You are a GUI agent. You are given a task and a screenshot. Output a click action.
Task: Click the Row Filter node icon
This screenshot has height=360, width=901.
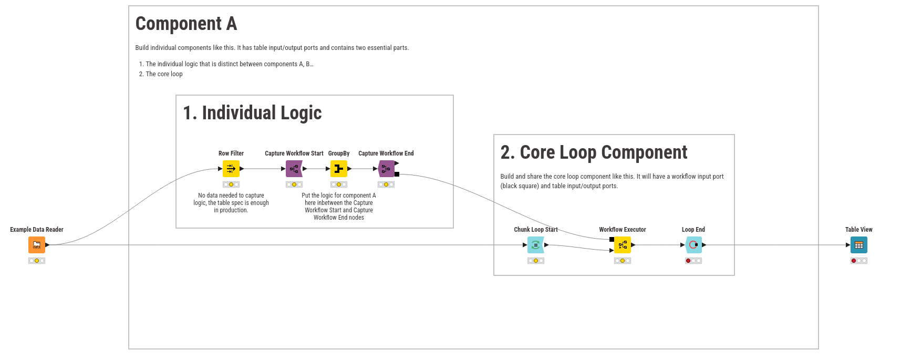pos(231,169)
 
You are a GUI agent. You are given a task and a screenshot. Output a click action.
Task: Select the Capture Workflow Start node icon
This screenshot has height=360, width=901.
pos(294,169)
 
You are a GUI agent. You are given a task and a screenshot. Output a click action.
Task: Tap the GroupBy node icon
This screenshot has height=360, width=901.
pos(339,169)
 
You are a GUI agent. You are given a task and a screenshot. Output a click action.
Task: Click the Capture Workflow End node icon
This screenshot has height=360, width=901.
pos(386,169)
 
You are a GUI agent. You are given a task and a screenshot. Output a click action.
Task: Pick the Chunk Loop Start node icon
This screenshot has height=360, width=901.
pos(536,245)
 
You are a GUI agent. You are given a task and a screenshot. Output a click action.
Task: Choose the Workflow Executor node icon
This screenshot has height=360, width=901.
pos(623,245)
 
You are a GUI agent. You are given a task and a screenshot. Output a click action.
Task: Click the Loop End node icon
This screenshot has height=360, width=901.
pos(693,245)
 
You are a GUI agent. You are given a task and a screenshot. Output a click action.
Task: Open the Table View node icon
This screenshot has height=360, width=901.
pos(859,245)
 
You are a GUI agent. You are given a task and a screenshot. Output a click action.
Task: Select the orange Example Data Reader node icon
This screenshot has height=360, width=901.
pos(37,245)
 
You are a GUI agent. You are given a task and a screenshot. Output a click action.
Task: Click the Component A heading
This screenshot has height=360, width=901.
pos(186,24)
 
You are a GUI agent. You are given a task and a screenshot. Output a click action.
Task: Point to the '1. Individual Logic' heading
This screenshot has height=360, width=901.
pos(252,113)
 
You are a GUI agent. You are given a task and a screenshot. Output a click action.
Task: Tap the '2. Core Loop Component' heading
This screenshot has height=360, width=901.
pos(594,152)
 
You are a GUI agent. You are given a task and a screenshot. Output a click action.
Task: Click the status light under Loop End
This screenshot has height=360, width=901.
pos(693,261)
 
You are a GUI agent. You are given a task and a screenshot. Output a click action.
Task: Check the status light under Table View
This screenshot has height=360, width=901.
pos(859,261)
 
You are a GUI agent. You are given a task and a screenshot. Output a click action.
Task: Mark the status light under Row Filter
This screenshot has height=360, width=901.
pos(231,184)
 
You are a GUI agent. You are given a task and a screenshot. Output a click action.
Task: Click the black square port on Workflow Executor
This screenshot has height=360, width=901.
pos(612,240)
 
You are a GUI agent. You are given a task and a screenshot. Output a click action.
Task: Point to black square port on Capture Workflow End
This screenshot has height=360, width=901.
pos(397,174)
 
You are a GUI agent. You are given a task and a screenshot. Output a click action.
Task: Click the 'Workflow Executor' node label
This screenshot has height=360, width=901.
pos(623,230)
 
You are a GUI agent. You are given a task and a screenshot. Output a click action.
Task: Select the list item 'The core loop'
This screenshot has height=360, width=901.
pos(164,74)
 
